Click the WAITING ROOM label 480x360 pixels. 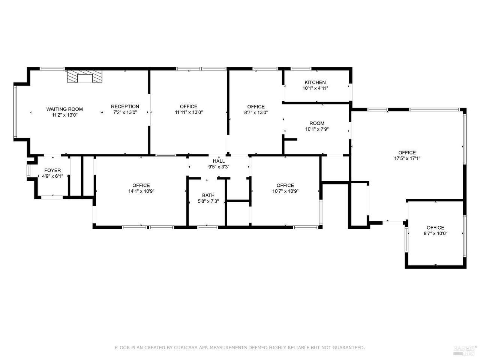click(x=64, y=109)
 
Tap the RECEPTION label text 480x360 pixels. click(x=125, y=106)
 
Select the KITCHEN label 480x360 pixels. click(x=315, y=82)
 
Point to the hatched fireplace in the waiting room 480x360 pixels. click(x=84, y=76)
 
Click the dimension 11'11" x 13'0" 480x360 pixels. click(x=189, y=112)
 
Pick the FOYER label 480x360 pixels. click(x=52, y=171)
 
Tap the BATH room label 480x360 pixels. click(x=208, y=195)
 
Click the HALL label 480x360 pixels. click(x=219, y=161)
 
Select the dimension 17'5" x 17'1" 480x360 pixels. click(x=407, y=159)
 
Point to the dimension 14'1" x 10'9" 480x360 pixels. click(x=141, y=191)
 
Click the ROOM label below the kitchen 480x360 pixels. click(x=317, y=123)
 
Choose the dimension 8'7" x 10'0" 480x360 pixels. click(x=435, y=234)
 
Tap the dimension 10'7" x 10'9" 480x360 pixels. click(x=285, y=191)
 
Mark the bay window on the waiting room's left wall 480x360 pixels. click(x=15, y=112)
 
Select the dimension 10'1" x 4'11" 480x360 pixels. click(x=315, y=88)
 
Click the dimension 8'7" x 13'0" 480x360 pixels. click(x=256, y=112)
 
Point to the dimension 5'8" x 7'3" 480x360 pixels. click(x=208, y=201)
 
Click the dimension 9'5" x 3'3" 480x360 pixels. click(x=219, y=167)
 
